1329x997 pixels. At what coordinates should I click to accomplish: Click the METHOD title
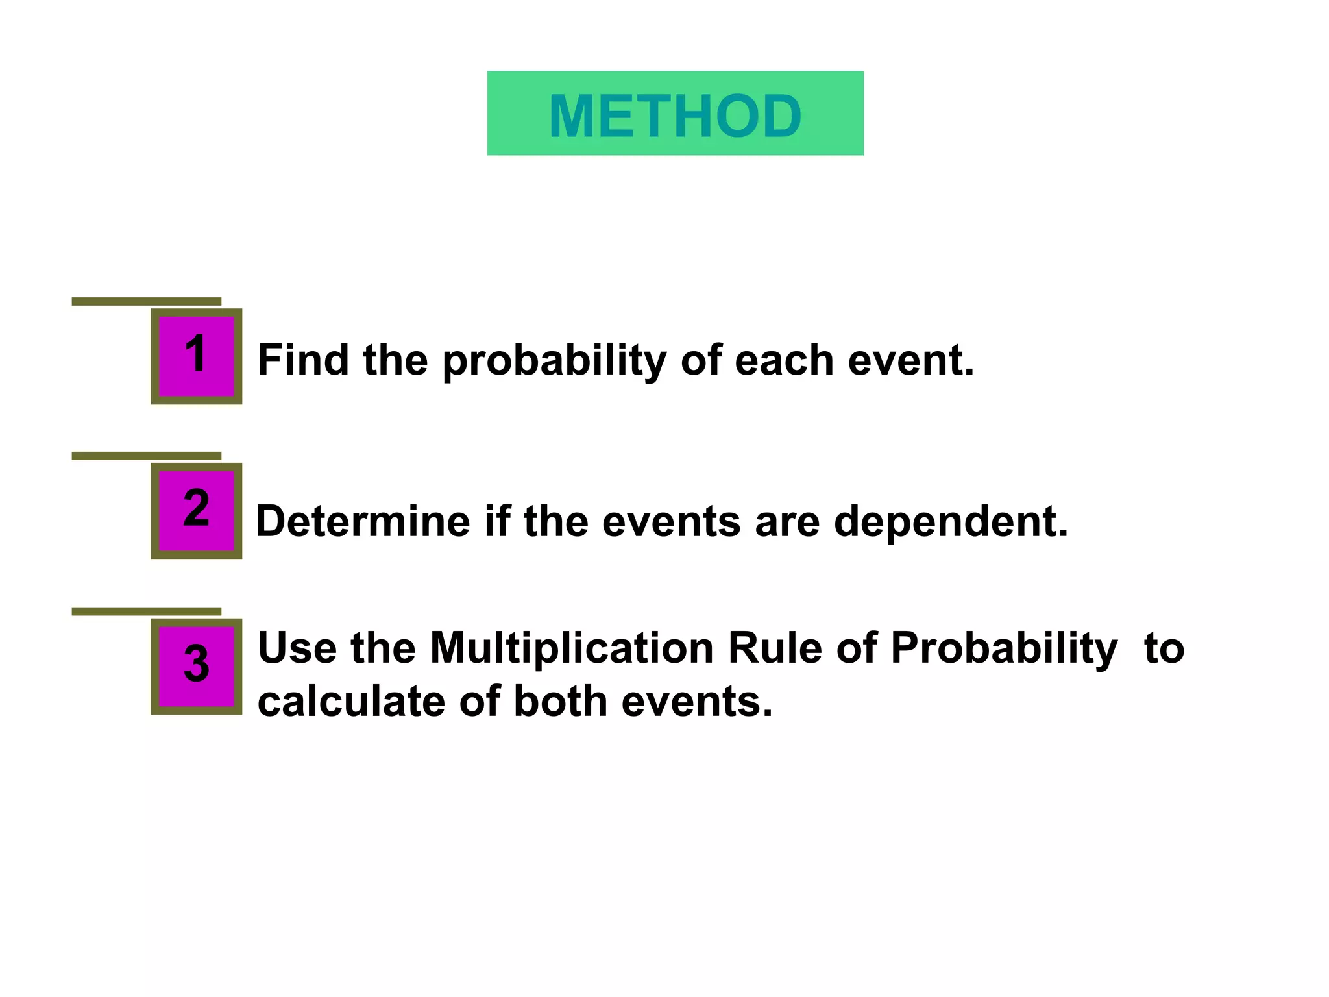(675, 116)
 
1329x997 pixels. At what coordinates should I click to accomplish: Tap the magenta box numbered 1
(196, 356)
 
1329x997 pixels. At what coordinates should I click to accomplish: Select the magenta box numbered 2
(196, 510)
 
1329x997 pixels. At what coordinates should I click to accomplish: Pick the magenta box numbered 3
(196, 666)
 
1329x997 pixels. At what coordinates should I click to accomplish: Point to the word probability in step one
(554, 361)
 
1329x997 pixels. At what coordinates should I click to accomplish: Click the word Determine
(363, 521)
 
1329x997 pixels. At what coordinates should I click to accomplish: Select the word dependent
(950, 523)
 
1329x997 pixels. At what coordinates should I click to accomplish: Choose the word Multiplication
(572, 648)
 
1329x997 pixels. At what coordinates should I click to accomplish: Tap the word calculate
(351, 702)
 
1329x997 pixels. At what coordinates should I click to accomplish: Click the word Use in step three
(297, 648)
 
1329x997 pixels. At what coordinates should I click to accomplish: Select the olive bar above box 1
(146, 301)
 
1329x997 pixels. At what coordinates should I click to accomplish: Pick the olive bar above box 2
(146, 456)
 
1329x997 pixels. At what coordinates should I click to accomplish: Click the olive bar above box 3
(146, 611)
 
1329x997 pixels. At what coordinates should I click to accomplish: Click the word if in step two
(496, 521)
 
